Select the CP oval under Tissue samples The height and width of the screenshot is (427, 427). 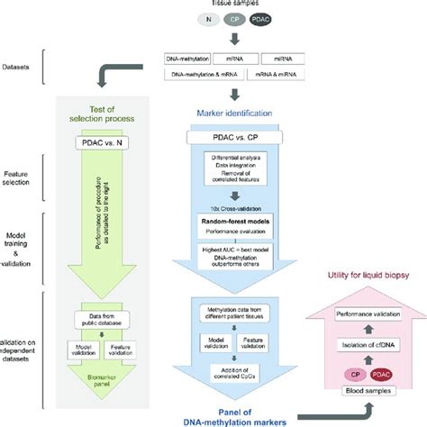coord(233,18)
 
